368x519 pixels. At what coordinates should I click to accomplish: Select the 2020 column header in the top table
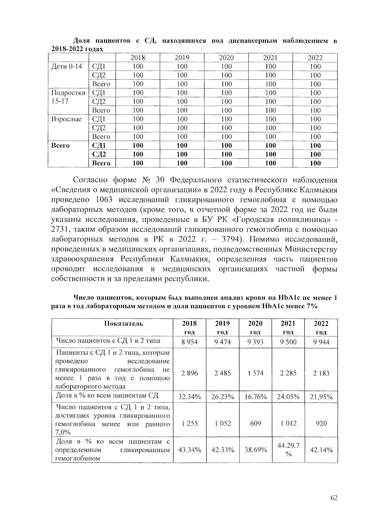(x=226, y=58)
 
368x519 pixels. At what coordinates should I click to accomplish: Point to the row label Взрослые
(x=66, y=119)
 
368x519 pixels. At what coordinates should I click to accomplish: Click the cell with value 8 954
(x=190, y=342)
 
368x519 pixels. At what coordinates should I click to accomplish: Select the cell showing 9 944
(x=321, y=342)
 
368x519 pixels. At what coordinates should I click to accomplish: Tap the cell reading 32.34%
(x=190, y=397)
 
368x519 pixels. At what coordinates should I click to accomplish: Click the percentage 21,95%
(x=321, y=397)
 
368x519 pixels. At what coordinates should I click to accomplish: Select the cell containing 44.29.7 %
(x=288, y=450)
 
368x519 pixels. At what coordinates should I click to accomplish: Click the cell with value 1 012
(x=288, y=424)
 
